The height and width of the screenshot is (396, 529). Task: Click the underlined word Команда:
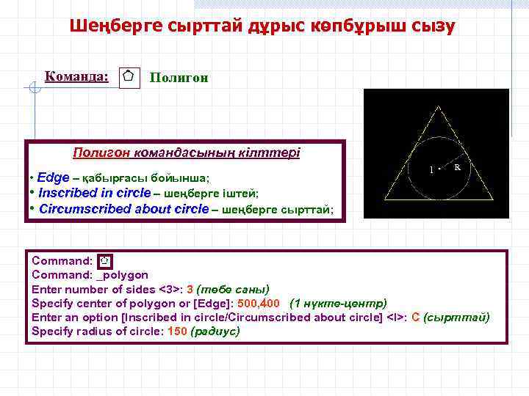(x=76, y=76)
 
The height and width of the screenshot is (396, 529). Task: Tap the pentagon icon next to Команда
(x=129, y=76)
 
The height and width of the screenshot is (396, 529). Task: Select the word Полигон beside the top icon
(x=179, y=77)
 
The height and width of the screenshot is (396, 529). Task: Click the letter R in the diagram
(x=458, y=168)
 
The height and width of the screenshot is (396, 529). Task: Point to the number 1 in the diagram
(x=431, y=169)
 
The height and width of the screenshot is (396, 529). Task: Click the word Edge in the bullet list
(x=53, y=178)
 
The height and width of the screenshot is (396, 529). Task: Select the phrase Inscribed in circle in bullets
(x=94, y=194)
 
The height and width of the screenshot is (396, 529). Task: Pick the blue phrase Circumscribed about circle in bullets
(x=123, y=209)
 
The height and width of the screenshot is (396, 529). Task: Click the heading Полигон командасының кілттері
(x=185, y=153)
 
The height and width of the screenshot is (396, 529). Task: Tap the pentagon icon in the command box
(x=105, y=260)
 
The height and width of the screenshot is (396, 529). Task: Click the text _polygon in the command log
(x=122, y=275)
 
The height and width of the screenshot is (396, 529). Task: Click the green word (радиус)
(x=215, y=331)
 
